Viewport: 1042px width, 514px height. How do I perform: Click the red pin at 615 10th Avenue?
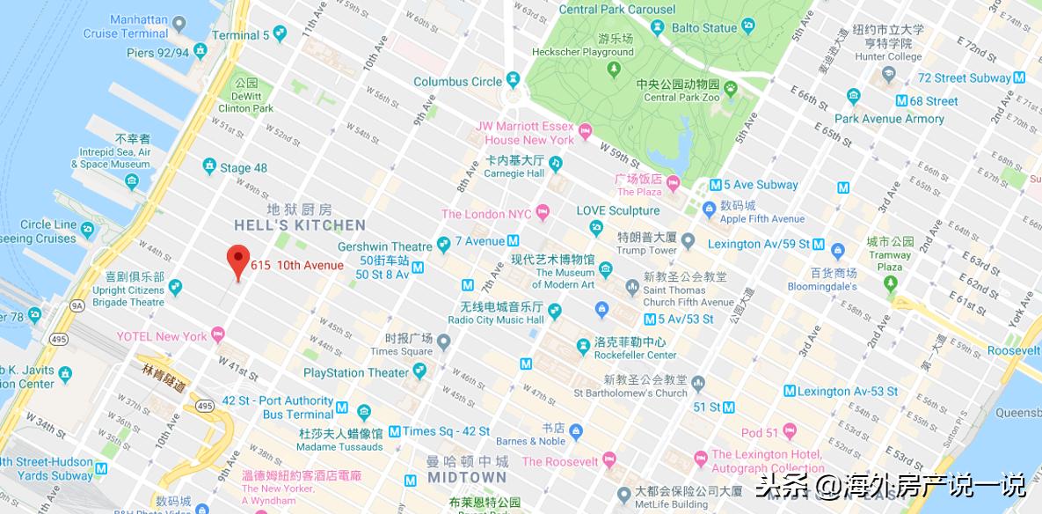coord(237,260)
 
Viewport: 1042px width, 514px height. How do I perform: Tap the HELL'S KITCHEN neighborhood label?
coord(299,225)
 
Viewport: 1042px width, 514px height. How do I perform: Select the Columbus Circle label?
coord(457,82)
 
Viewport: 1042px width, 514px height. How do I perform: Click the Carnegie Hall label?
coord(515,173)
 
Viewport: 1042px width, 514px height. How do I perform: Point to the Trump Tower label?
coord(646,250)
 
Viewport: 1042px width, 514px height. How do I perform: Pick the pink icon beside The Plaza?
coord(674,184)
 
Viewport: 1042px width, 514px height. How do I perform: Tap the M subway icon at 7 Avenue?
coord(513,240)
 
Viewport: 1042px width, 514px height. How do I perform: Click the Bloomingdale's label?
coord(821,286)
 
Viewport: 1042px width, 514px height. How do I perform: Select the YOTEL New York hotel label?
coord(162,336)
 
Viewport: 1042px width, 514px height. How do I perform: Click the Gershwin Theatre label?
coord(385,246)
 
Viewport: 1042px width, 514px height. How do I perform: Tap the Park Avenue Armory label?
coord(889,119)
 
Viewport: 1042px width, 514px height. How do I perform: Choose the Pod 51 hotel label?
coord(761,432)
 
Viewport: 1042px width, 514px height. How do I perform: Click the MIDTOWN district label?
coord(467,477)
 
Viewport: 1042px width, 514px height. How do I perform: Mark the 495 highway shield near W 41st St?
coord(205,405)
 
